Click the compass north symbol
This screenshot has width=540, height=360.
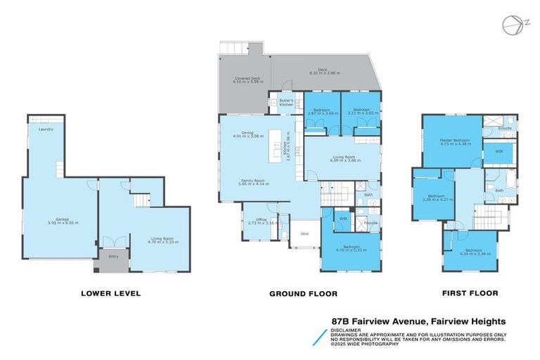pyautogui.click(x=511, y=25)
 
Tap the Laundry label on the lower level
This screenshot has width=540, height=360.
pyautogui.click(x=38, y=129)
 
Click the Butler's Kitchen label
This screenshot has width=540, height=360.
pyautogui.click(x=285, y=102)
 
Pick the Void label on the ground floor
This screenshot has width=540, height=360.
pyautogui.click(x=304, y=233)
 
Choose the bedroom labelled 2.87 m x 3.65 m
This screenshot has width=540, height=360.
pyautogui.click(x=322, y=111)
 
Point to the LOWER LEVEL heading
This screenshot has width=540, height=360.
pyautogui.click(x=110, y=293)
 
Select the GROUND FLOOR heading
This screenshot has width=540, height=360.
pyautogui.click(x=303, y=293)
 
